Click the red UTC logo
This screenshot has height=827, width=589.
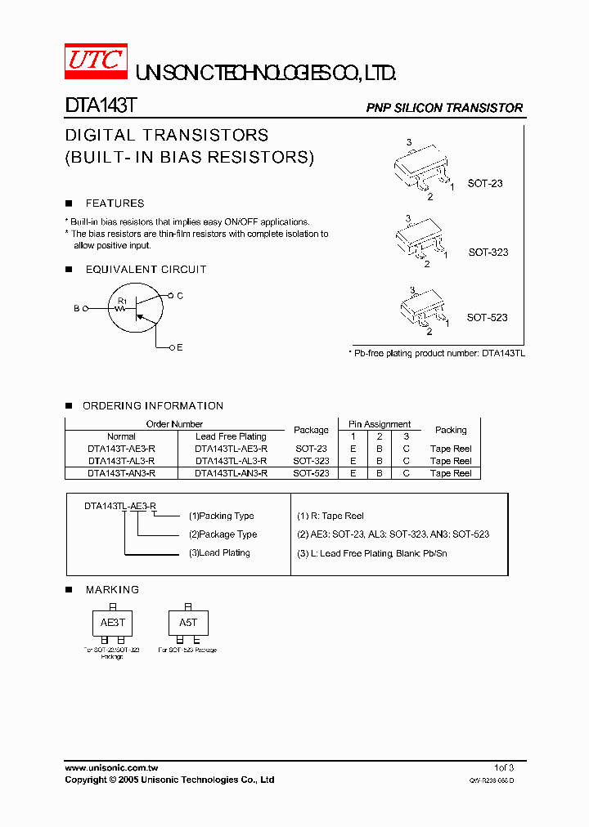coord(95,60)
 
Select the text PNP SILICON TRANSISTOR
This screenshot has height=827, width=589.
coord(444,108)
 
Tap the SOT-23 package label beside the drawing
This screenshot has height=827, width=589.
coord(485,183)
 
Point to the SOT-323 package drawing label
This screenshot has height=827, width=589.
coord(488,252)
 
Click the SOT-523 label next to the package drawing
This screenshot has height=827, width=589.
coord(488,317)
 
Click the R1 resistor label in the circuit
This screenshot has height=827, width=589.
coord(122,302)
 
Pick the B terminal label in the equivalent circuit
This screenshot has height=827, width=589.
coord(76,309)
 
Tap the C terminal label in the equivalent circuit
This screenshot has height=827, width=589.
coord(180,295)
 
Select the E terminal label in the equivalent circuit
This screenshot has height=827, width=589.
coord(180,348)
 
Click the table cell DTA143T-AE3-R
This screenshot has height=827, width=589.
coord(121,449)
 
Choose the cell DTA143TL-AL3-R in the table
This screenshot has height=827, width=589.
coord(231,461)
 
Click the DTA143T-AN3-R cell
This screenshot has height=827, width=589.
coord(121,473)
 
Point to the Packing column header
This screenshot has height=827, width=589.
coord(451,430)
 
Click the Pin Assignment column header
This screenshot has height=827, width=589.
coord(380,424)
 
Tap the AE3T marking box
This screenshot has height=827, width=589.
coord(113,623)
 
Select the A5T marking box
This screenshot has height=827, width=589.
coord(188,623)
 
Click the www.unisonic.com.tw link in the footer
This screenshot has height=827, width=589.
coord(111,767)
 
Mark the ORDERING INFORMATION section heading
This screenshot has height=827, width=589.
coord(153,406)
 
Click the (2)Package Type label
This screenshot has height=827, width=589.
coord(223,534)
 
